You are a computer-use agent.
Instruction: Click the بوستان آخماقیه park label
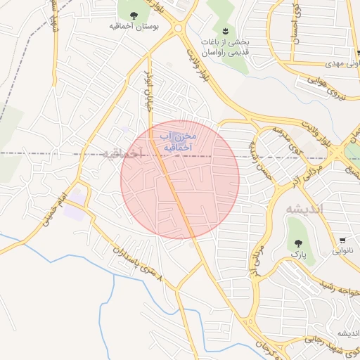134,26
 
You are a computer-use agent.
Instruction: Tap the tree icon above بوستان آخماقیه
134,14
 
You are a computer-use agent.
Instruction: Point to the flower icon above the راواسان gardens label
224,30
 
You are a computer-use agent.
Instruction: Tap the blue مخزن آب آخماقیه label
178,142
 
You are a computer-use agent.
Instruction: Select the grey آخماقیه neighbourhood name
121,153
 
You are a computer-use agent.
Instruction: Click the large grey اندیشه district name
304,209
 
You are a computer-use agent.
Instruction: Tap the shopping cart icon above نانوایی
343,240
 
